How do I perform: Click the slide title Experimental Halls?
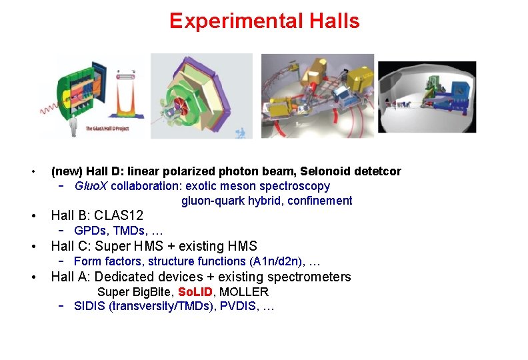[264, 21]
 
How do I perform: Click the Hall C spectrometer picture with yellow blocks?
[317, 95]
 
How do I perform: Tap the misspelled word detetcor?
[378, 171]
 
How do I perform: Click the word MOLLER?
[244, 292]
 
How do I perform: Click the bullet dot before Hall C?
[33, 247]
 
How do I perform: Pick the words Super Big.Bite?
[135, 292]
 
